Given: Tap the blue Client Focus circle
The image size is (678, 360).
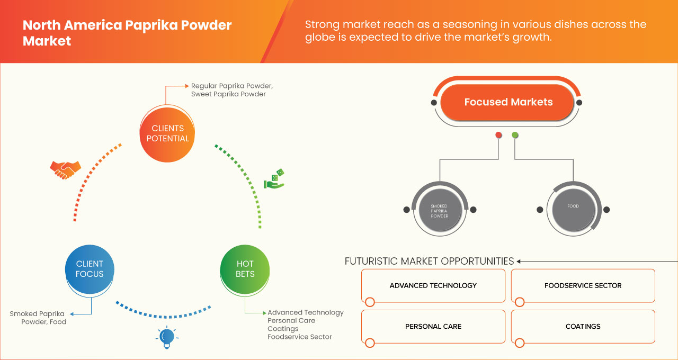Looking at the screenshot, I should (x=90, y=269).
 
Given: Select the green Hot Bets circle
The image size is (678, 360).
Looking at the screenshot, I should (x=245, y=269).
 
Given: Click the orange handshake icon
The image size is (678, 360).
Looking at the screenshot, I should (x=65, y=169).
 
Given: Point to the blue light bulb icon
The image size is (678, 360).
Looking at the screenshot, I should (x=167, y=337).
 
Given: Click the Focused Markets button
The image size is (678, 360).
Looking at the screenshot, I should (x=508, y=102).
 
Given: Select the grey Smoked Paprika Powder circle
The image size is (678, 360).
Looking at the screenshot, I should (x=439, y=210).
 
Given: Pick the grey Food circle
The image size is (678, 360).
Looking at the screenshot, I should (x=573, y=209).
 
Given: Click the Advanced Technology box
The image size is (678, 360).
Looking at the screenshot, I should (x=433, y=285).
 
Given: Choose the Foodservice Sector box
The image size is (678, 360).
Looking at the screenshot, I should (x=583, y=285).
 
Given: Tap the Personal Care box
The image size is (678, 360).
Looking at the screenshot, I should (x=433, y=326).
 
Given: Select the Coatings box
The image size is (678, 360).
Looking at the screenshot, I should (x=583, y=326).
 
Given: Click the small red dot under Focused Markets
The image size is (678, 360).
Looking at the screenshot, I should (x=498, y=135).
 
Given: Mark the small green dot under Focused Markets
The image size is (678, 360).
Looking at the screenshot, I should (x=515, y=135).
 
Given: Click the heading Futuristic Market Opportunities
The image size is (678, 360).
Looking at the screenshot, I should (x=429, y=261).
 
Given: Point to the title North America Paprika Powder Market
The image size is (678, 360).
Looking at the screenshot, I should (x=127, y=33).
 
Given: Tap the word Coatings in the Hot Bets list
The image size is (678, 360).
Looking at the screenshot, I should (x=283, y=329).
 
